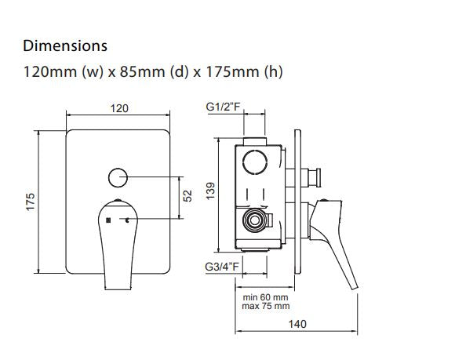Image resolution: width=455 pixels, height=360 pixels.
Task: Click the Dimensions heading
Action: coord(65,46)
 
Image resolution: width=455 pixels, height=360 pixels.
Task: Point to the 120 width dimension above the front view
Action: coord(118,108)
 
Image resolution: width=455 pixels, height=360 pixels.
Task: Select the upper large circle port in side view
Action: coord(255,163)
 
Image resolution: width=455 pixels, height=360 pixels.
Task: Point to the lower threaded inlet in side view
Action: coord(253,221)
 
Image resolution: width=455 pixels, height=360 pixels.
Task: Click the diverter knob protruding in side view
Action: coord(317,175)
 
